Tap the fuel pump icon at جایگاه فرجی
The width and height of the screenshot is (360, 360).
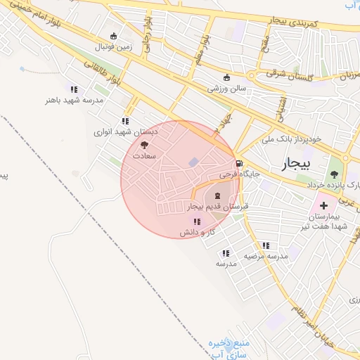click(240, 164)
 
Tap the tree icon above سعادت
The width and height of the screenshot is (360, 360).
click(146, 143)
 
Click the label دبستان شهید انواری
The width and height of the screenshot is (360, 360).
click(126, 131)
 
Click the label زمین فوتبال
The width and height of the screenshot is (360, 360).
click(113, 46)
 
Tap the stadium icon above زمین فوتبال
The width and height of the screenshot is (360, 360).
click(113, 36)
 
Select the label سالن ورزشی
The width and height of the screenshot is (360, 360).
click(226, 89)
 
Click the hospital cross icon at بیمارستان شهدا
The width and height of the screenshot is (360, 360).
click(323, 206)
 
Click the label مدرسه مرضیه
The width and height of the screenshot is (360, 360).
click(266, 257)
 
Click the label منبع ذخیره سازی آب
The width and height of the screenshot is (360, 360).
click(220, 348)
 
